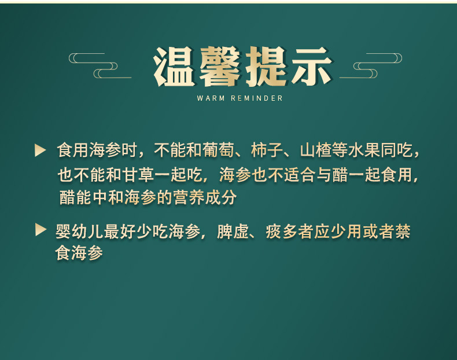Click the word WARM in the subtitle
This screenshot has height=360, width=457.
tap(209, 98)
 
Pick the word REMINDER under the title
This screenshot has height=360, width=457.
tap(257, 98)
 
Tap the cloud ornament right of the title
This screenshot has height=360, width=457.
tap(371, 65)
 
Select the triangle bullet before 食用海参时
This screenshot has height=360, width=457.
tap(40, 151)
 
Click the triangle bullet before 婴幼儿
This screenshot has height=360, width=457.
tap(40, 230)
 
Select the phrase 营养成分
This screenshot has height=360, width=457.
tap(207, 197)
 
